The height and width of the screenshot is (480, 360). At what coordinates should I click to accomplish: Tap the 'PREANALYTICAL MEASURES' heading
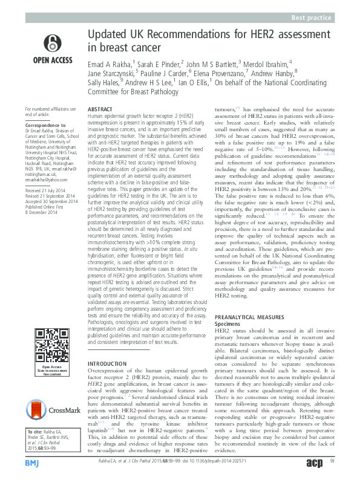click(249, 316)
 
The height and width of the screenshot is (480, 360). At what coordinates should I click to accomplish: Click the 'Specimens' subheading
click(228, 323)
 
